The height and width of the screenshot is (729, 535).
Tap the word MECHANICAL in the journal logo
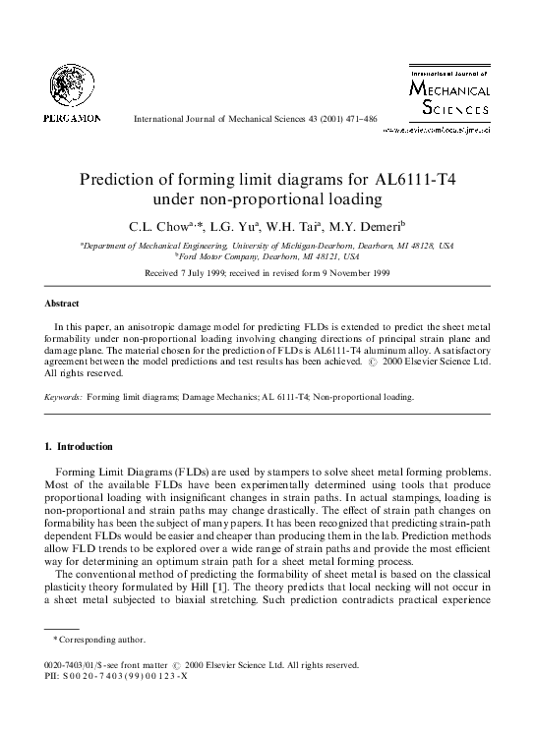[454, 88]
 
